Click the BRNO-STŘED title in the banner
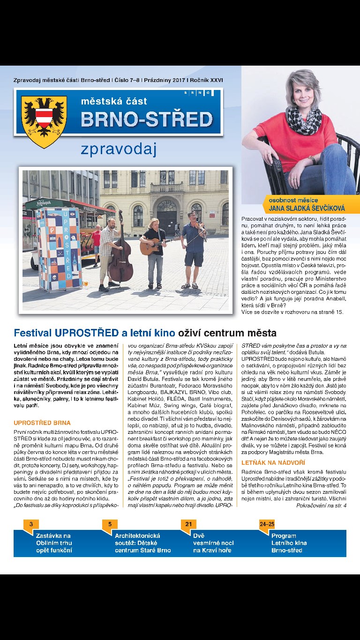[x=147, y=119]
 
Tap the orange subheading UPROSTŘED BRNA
[x=42, y=423]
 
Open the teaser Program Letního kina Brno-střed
[x=289, y=543]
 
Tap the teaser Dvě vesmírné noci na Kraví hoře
[x=213, y=543]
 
